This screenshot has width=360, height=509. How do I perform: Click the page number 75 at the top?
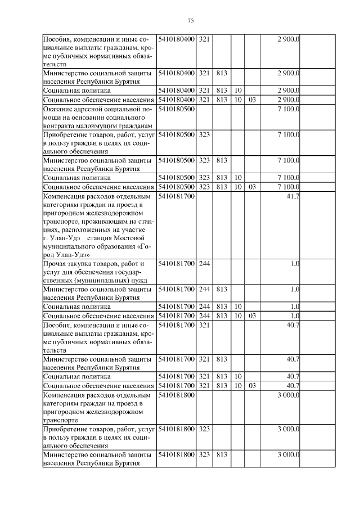(190, 21)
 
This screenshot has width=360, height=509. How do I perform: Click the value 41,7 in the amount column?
(292, 196)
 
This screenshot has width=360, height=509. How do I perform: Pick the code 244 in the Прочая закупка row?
(204, 263)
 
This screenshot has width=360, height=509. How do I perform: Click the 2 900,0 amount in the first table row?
(288, 38)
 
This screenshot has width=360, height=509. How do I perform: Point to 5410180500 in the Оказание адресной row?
(177, 109)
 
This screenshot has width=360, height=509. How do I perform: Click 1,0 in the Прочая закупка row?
(295, 263)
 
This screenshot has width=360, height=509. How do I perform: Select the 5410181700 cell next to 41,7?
(177, 196)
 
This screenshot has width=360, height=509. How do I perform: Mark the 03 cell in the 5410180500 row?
(252, 186)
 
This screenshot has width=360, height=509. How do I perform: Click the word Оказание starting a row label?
(59, 109)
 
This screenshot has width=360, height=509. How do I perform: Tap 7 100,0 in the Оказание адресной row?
(288, 109)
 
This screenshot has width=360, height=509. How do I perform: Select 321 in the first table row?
(204, 38)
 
